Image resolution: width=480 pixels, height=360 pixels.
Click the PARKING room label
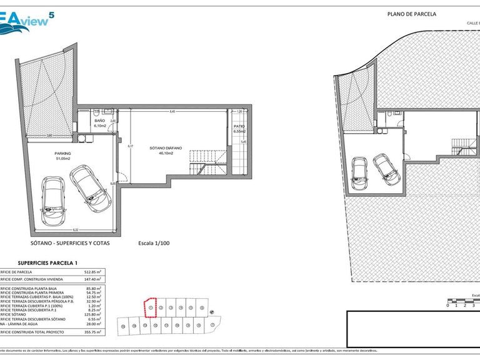(x=62, y=153)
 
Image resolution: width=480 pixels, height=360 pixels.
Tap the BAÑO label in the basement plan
(x=99, y=121)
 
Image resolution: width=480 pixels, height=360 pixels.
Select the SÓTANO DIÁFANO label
(x=166, y=148)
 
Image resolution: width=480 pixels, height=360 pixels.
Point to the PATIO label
(x=239, y=127)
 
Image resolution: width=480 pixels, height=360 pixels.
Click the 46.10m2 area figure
(x=166, y=153)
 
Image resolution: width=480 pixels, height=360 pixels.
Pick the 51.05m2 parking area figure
(x=62, y=159)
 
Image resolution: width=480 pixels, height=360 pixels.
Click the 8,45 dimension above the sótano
(x=172, y=111)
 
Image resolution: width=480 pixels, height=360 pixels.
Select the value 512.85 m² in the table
(x=92, y=272)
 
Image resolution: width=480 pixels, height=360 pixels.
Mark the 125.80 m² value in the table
(x=92, y=314)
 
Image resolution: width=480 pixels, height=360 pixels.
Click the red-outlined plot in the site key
(x=150, y=307)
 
